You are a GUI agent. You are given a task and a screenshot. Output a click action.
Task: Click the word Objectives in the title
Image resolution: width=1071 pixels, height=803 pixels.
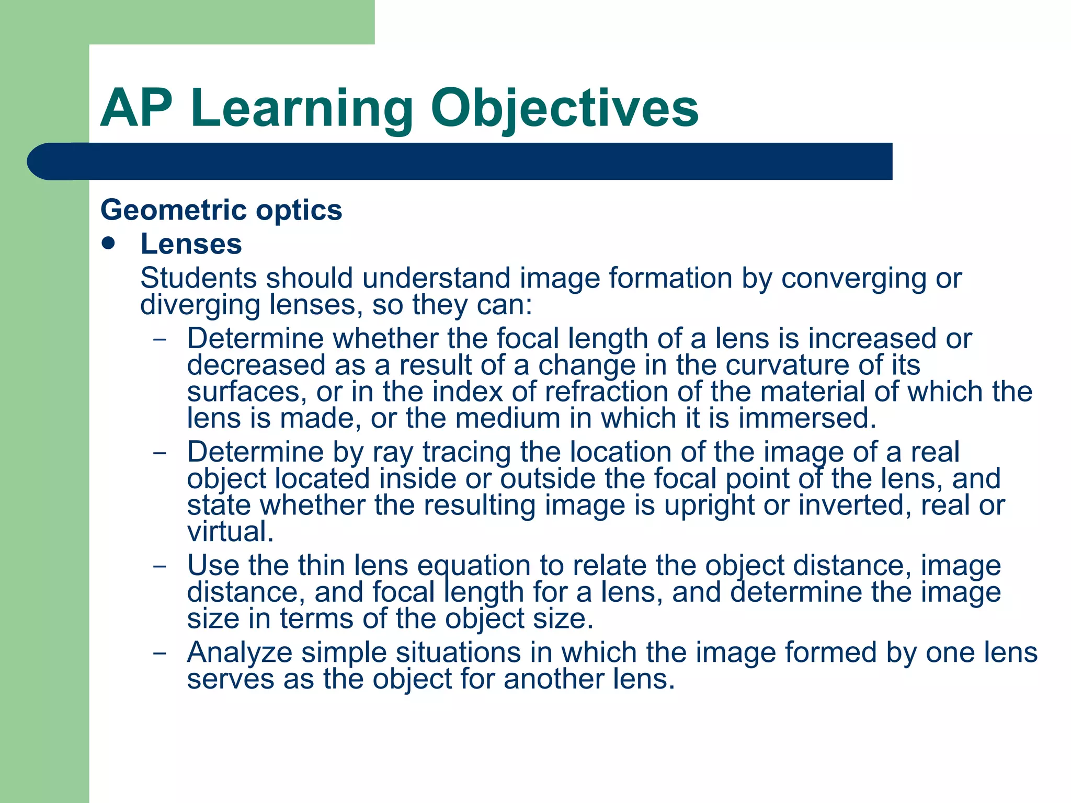[564, 108]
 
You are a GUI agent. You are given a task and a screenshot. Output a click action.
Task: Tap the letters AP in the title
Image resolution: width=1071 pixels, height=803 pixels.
[136, 108]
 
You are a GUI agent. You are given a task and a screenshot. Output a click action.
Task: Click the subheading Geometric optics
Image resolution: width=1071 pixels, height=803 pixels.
[221, 210]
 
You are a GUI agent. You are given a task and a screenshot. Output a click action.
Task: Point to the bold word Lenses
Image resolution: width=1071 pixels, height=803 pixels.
[191, 244]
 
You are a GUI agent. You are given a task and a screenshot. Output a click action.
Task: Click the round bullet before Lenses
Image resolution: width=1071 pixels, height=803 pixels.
[109, 244]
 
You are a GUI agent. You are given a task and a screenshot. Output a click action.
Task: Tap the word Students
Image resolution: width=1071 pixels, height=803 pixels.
[199, 278]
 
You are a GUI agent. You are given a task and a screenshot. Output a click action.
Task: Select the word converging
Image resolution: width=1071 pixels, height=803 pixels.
[853, 279]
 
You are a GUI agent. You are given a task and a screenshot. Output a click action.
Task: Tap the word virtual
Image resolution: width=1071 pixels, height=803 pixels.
[231, 532]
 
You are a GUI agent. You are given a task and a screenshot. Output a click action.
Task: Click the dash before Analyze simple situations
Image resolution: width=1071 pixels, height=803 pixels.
[159, 653]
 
